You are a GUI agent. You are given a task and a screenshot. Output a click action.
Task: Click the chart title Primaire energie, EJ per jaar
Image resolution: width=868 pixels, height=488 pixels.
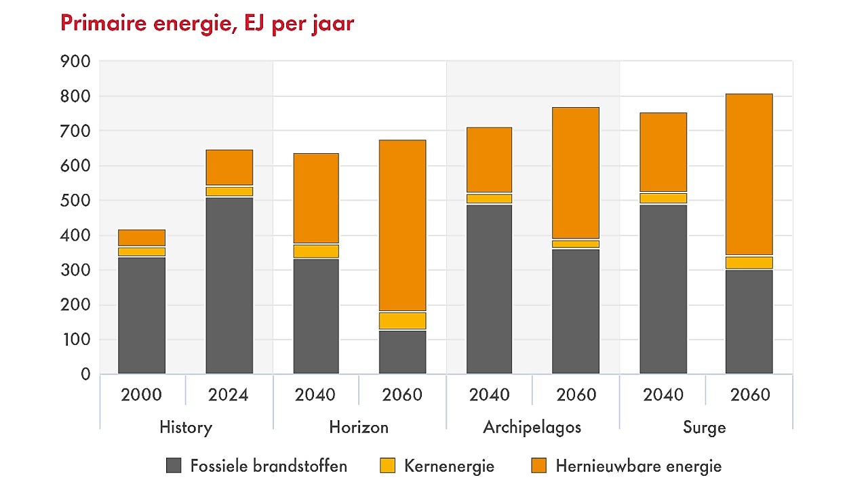pos(207,24)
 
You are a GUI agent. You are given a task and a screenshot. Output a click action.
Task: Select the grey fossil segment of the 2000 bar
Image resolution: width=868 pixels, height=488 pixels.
pos(142,315)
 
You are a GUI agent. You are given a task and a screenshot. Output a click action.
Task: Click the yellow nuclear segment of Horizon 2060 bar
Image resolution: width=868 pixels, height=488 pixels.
pos(402,321)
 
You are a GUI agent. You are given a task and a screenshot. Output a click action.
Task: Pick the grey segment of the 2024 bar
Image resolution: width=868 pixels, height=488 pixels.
pos(229,285)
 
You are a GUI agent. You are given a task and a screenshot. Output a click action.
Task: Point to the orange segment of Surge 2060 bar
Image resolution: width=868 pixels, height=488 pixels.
pos(749,174)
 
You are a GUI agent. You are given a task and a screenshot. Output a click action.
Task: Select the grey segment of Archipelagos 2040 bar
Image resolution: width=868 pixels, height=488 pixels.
pos(489,289)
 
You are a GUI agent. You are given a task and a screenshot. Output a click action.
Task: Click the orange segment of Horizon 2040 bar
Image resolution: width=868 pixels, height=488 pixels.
pos(316,198)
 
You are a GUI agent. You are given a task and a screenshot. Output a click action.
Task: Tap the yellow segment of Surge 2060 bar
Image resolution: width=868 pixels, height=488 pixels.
pos(749,263)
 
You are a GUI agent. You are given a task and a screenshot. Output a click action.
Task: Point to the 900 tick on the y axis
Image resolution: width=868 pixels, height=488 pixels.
pos(75,62)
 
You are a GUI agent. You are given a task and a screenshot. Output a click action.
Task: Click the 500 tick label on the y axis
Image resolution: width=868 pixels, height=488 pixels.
pos(75,201)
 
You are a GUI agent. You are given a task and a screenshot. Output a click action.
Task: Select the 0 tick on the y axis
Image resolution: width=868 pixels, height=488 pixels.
pos(85,374)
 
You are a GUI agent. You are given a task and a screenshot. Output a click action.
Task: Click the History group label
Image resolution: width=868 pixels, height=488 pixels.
pos(186,427)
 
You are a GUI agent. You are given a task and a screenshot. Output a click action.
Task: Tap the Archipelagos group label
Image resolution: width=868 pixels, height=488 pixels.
pos(532,427)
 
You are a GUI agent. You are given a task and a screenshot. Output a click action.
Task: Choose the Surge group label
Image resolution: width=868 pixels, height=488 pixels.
pos(705,427)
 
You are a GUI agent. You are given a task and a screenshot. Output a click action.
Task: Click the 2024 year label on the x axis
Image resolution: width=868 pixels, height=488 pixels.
pos(229,394)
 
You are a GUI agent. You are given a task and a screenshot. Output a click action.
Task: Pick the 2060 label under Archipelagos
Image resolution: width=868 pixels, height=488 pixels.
pos(576,394)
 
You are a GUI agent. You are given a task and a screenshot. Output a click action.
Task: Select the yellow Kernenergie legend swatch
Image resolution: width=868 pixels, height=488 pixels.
pos(387,466)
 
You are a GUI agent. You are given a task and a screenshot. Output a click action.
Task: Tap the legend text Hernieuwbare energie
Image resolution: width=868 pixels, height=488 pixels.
pos(638,466)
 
